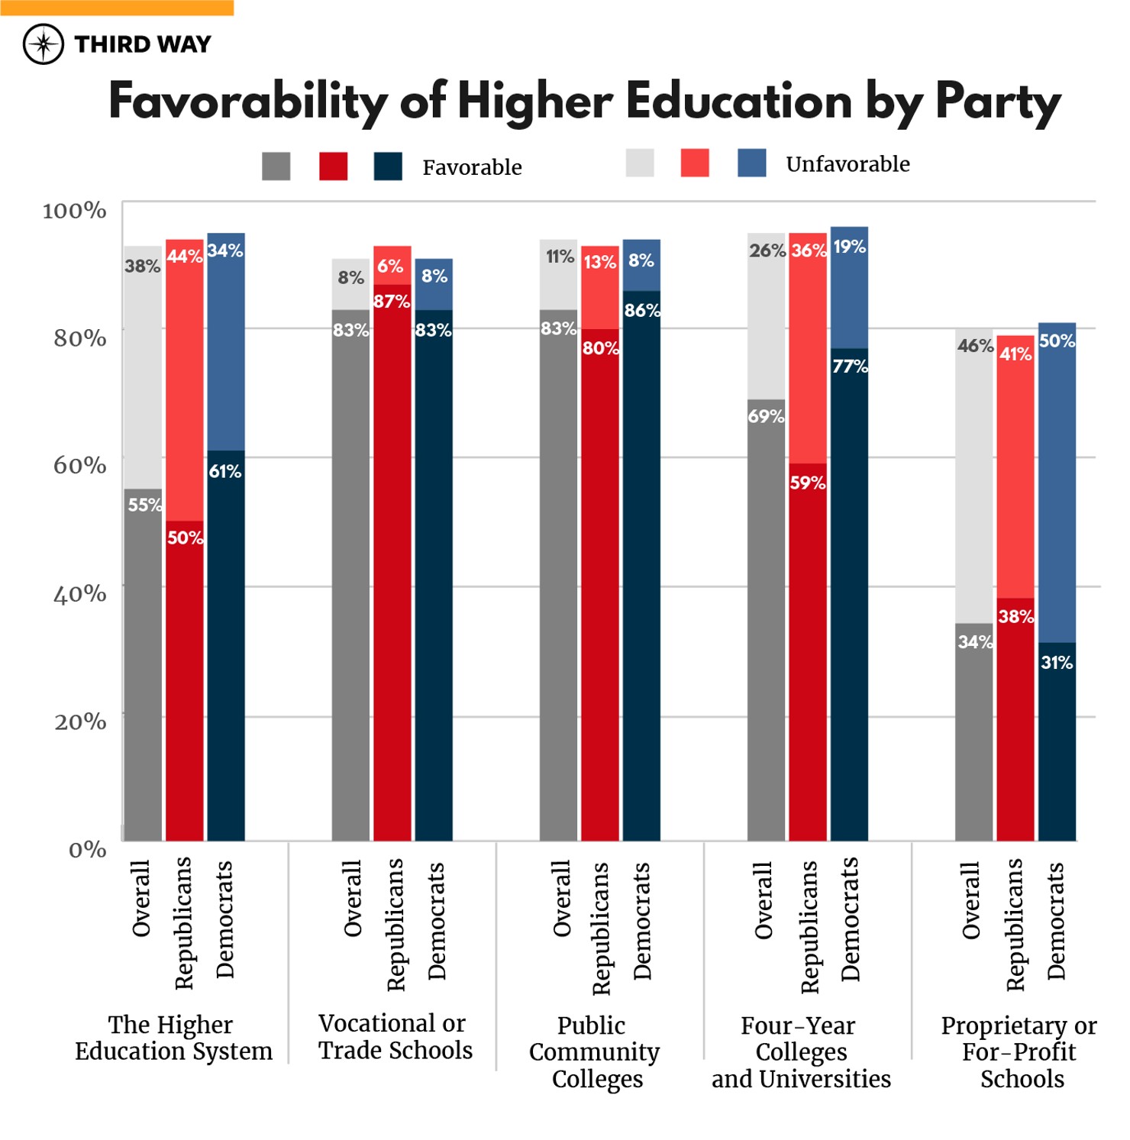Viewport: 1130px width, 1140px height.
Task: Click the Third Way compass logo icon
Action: click(x=44, y=44)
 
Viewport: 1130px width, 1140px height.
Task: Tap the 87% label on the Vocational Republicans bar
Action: click(x=392, y=302)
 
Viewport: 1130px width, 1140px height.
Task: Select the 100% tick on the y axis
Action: click(x=74, y=211)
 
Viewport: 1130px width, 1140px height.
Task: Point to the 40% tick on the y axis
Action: click(x=79, y=594)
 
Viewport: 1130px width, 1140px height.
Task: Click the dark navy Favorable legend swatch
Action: click(x=388, y=166)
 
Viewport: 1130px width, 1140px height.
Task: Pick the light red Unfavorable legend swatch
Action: click(x=694, y=163)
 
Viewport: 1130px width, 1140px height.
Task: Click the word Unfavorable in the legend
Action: click(x=847, y=164)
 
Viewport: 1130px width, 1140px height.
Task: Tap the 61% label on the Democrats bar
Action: click(x=225, y=472)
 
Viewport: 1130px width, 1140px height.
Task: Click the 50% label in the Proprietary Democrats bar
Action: click(x=1057, y=341)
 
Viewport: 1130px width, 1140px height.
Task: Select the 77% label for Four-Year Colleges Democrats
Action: click(x=850, y=367)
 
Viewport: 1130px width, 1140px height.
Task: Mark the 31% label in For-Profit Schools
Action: click(x=1057, y=663)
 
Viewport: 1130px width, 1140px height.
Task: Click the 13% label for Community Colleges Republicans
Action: click(x=599, y=263)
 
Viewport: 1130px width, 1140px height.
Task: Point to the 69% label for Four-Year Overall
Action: click(x=766, y=416)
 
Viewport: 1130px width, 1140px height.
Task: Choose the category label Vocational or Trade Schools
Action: click(x=395, y=1037)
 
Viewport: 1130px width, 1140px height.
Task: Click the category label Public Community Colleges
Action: click(x=594, y=1052)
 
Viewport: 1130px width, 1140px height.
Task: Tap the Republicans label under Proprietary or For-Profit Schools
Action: click(x=1015, y=925)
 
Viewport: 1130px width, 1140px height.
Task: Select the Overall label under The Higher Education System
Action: click(x=141, y=899)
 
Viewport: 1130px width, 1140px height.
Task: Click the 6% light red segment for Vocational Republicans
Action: click(x=392, y=266)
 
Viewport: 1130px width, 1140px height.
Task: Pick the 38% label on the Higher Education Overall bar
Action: click(x=143, y=266)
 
